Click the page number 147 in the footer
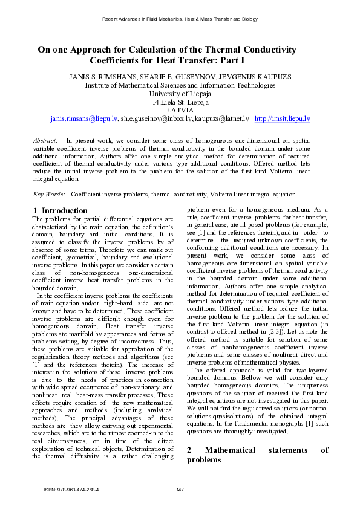point(180,489)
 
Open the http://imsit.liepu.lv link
point(283,119)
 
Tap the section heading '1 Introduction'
point(60,211)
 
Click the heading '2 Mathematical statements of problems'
point(257,472)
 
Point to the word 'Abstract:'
point(46,140)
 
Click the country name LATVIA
point(180,111)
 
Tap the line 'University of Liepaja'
point(180,94)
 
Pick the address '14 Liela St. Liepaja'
point(180,102)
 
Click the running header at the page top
point(180,19)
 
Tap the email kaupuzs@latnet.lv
point(222,119)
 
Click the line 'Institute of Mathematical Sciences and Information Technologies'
point(180,85)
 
